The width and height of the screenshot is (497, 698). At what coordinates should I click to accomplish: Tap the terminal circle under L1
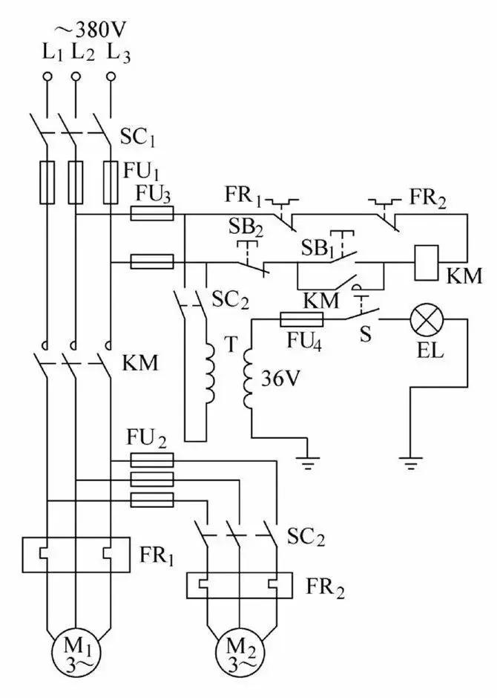pyautogui.click(x=47, y=76)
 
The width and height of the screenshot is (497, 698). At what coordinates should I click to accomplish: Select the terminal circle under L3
pyautogui.click(x=111, y=76)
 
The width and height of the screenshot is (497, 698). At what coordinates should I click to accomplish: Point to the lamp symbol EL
pyautogui.click(x=427, y=319)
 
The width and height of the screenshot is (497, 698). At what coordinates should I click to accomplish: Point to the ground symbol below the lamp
pyautogui.click(x=409, y=463)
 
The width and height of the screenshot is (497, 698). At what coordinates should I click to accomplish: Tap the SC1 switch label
pyautogui.click(x=138, y=137)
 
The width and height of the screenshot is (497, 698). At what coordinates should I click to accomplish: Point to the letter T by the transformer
pyautogui.click(x=230, y=346)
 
